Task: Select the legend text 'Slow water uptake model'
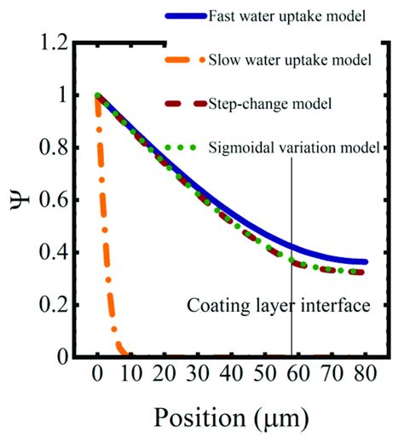coord(290,60)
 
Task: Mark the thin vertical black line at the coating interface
coord(292,213)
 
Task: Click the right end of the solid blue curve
coord(365,262)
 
